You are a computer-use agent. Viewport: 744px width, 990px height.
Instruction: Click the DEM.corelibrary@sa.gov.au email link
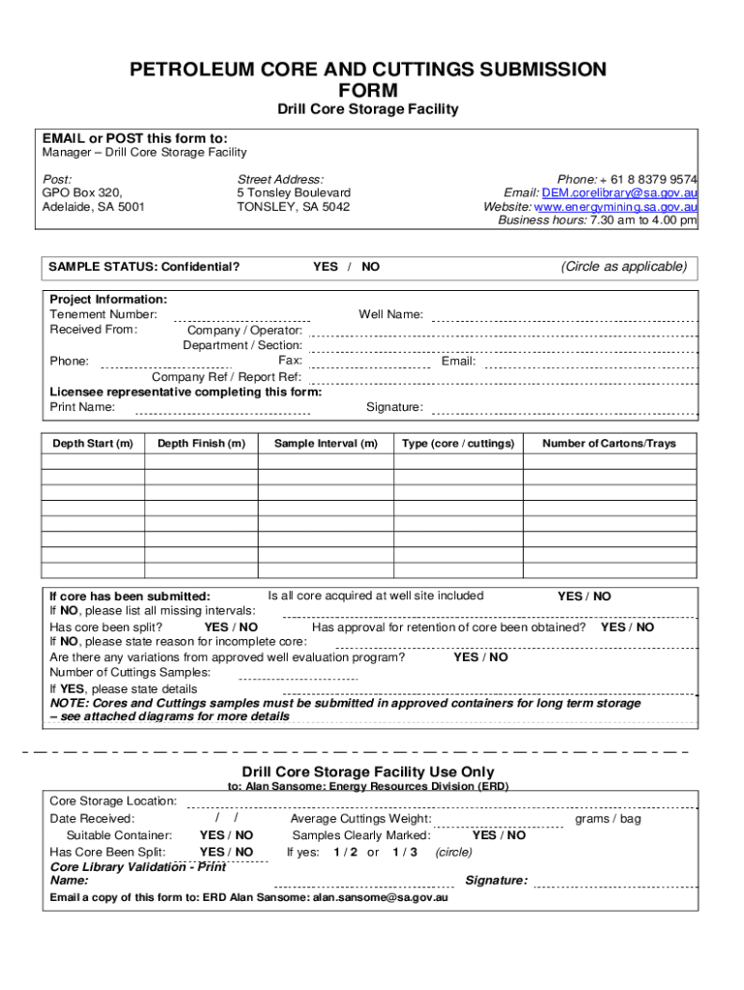pyautogui.click(x=619, y=193)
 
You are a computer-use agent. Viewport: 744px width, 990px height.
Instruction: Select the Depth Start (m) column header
pyautogui.click(x=93, y=444)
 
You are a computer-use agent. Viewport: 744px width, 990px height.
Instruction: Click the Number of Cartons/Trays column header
pyautogui.click(x=609, y=444)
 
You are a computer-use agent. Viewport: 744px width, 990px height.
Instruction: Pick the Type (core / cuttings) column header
pyautogui.click(x=458, y=444)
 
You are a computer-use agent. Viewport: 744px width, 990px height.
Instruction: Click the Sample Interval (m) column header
pyautogui.click(x=326, y=444)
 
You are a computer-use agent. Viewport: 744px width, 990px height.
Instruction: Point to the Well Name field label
pyautogui.click(x=390, y=314)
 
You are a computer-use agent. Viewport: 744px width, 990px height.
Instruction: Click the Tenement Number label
pyautogui.click(x=103, y=314)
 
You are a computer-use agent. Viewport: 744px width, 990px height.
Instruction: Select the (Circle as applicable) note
pyautogui.click(x=624, y=267)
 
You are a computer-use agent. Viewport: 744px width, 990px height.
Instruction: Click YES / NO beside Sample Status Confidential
pyautogui.click(x=346, y=267)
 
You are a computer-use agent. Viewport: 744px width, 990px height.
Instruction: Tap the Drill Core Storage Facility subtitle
pyautogui.click(x=368, y=109)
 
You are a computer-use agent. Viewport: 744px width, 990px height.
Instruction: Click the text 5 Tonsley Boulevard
pyautogui.click(x=294, y=193)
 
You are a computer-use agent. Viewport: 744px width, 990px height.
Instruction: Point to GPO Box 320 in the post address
pyautogui.click(x=82, y=193)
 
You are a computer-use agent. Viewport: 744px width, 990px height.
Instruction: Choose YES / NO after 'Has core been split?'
pyautogui.click(x=231, y=627)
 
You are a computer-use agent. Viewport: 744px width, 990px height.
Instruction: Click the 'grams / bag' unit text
pyautogui.click(x=608, y=819)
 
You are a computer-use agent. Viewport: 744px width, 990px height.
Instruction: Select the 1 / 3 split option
pyautogui.click(x=405, y=852)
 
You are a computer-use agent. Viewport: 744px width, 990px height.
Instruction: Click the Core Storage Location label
pyautogui.click(x=113, y=801)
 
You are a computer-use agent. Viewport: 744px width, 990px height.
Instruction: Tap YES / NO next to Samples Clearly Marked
pyautogui.click(x=499, y=835)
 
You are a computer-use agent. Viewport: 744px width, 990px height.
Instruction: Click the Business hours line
pyautogui.click(x=597, y=220)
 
